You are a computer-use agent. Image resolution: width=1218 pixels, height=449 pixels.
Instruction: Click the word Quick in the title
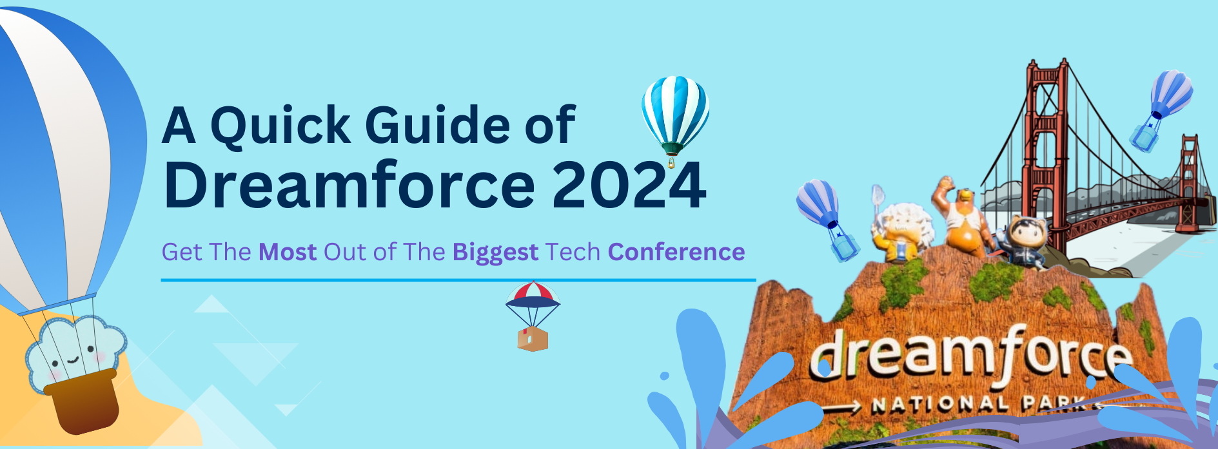point(280,126)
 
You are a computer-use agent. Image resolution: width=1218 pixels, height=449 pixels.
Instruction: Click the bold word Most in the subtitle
point(288,252)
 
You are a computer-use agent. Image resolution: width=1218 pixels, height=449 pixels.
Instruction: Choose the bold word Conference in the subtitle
point(676,252)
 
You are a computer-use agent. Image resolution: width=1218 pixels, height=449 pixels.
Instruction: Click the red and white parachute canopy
point(533,294)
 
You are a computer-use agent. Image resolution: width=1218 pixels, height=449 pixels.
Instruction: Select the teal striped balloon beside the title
point(675,116)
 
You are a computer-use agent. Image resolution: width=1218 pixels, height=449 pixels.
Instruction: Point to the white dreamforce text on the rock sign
point(970,357)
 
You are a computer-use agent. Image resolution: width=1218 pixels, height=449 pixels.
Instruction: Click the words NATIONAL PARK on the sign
point(977,404)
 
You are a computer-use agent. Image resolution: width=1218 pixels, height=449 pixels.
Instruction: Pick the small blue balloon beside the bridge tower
point(1161,110)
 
